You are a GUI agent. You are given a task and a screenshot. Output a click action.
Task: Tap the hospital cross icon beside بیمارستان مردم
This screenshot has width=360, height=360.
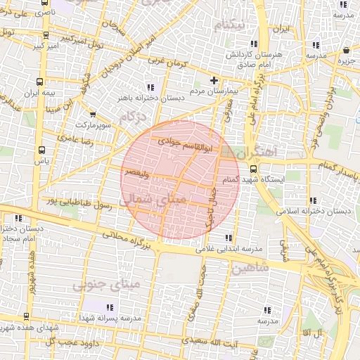click(214, 79)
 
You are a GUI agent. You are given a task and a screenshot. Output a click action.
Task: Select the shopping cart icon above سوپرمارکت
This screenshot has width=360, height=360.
click(93, 114)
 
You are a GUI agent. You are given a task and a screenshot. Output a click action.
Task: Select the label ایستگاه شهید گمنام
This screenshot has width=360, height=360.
click(275, 179)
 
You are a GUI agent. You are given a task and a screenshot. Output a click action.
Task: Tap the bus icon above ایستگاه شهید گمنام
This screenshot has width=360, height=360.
click(253, 169)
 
